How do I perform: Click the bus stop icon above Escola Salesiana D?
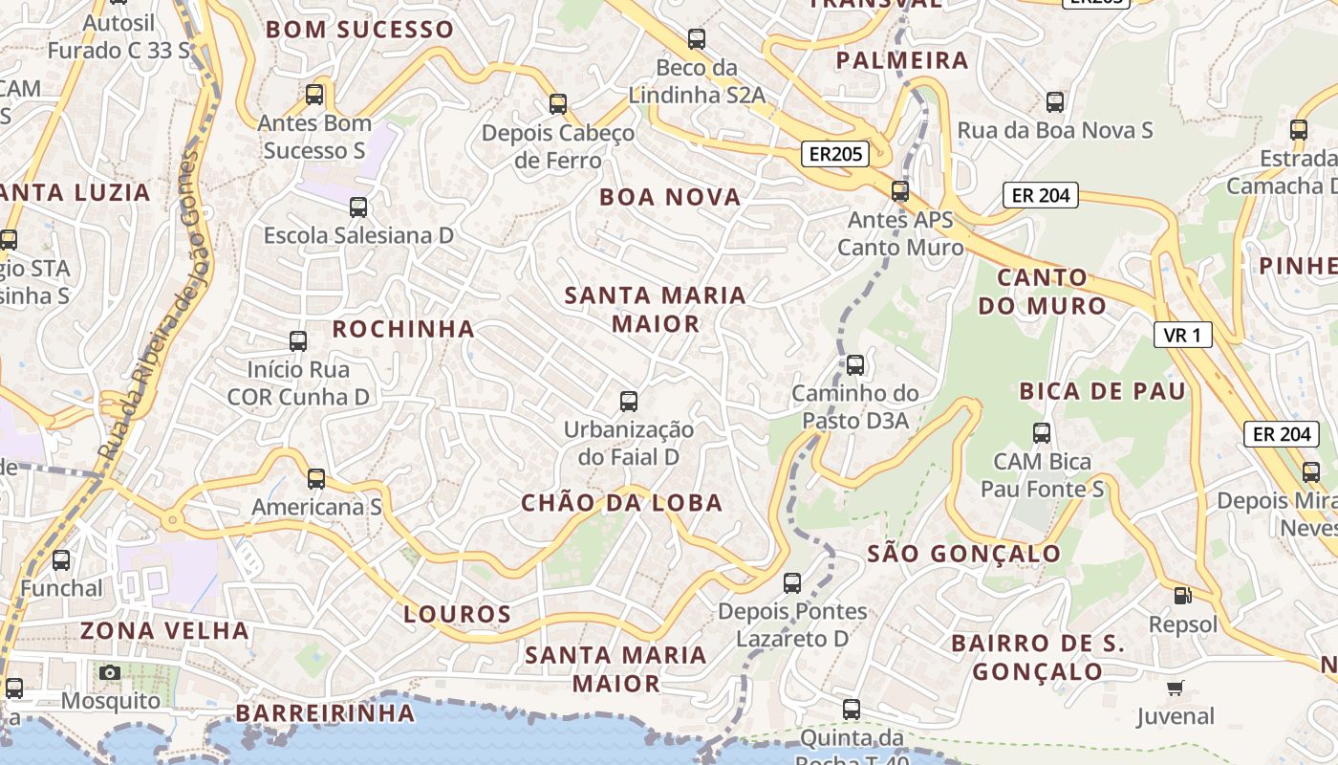358,208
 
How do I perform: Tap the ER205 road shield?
834,154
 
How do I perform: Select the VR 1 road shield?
1183,335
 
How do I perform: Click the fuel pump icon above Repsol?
1183,596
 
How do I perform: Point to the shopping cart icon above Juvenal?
1176,688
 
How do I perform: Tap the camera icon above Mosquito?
110,672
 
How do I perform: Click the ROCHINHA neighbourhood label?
403,329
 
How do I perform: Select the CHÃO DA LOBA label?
621,503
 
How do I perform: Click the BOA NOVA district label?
670,197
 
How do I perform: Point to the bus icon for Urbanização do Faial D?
629,402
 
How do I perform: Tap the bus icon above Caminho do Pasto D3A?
855,364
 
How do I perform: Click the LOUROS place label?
458,614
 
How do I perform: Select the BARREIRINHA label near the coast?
326,713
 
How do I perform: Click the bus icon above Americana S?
316,478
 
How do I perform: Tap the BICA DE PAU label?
1102,390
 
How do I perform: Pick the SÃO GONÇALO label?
963,554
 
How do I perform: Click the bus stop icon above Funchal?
61,560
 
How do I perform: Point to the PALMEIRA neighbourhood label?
902,60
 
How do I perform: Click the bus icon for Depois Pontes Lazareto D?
792,582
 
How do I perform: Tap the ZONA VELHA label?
165,630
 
